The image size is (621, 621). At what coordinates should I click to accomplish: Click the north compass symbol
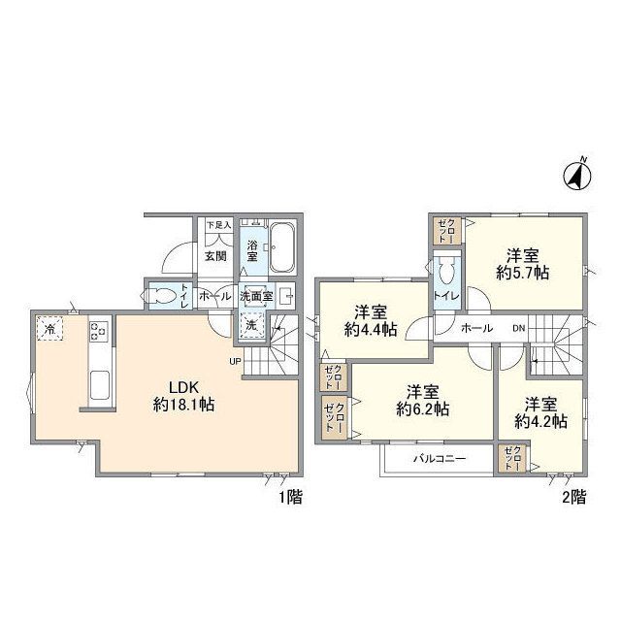click(x=579, y=175)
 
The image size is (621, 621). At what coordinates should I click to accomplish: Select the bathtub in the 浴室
click(x=282, y=249)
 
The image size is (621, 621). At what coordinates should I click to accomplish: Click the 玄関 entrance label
click(x=215, y=256)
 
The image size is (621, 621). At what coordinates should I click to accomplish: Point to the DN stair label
click(x=519, y=329)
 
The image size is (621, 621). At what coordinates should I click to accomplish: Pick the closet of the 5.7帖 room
click(x=447, y=231)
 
